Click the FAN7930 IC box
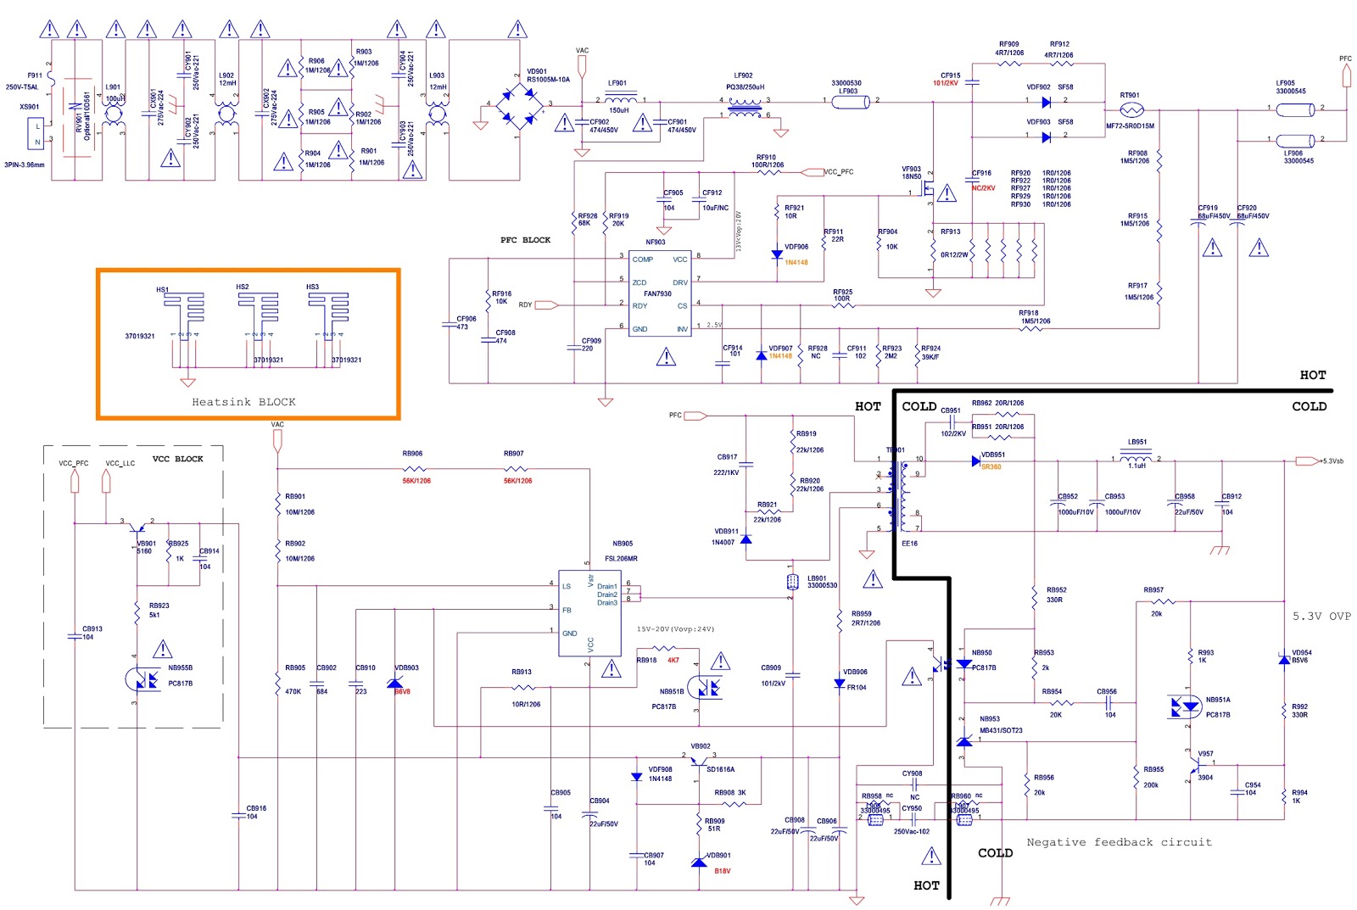click(x=659, y=293)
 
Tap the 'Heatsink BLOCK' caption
click(x=243, y=402)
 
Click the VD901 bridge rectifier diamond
click(x=519, y=104)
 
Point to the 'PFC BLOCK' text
click(x=525, y=240)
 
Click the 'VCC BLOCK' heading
click(x=177, y=459)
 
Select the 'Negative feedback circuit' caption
click(x=1119, y=842)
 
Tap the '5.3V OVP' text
click(x=1321, y=616)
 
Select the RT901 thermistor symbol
click(x=1131, y=109)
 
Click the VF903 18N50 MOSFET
click(x=929, y=191)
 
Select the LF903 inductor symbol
click(x=850, y=102)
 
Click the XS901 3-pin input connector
click(x=36, y=133)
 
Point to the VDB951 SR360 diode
click(x=975, y=461)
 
